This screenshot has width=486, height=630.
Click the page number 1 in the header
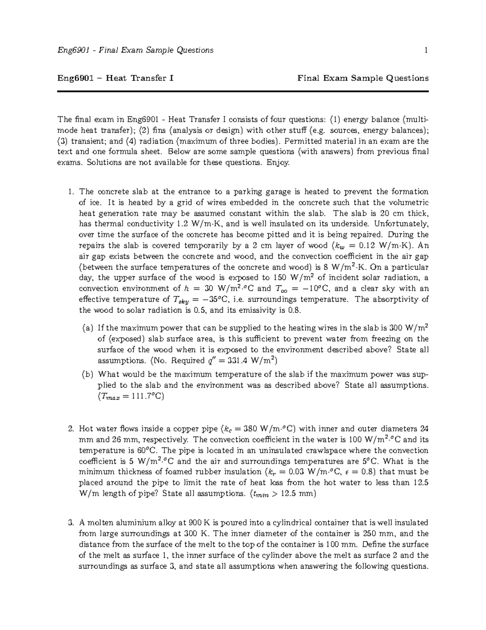(426, 50)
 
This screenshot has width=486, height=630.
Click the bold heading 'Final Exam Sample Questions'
(363, 78)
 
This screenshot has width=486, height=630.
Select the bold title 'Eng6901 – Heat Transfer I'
(116, 78)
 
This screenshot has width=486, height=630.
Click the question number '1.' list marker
(71, 191)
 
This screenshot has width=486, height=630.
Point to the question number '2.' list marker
(71, 429)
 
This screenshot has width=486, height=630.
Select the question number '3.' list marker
(71, 522)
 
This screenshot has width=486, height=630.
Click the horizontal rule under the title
(243, 92)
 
